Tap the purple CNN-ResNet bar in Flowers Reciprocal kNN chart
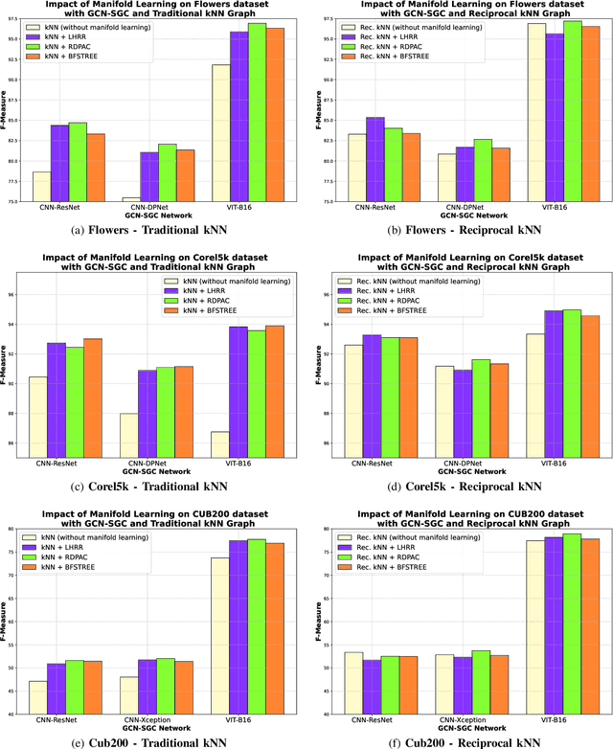tap(375, 159)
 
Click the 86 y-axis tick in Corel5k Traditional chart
tap(18, 443)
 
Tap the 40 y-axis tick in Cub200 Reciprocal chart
tap(326, 715)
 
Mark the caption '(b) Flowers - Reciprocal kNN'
tap(460, 229)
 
